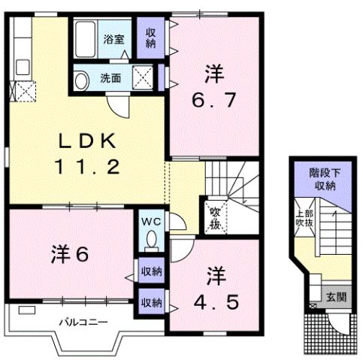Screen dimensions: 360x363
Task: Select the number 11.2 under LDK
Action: (86, 167)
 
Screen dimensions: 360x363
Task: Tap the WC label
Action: (151, 222)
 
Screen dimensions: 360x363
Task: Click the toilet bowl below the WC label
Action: (151, 243)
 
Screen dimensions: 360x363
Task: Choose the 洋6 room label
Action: (71, 253)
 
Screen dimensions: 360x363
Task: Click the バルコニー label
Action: (83, 322)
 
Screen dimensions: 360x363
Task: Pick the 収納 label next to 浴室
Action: (150, 37)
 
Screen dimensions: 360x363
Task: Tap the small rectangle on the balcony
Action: (27, 310)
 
